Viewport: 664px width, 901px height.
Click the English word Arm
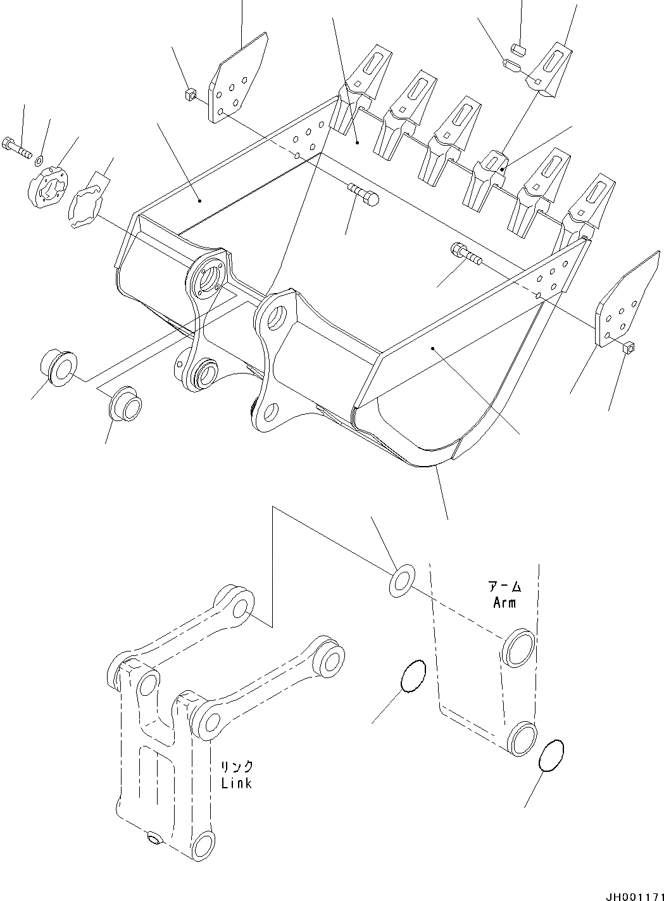504,602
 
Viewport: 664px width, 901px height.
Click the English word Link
237,783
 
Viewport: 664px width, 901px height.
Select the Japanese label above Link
236,766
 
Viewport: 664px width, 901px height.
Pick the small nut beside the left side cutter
187,96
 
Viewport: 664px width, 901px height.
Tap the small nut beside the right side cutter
629,347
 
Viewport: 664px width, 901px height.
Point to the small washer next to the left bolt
40,158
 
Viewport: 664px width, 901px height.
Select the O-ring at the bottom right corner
551,757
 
